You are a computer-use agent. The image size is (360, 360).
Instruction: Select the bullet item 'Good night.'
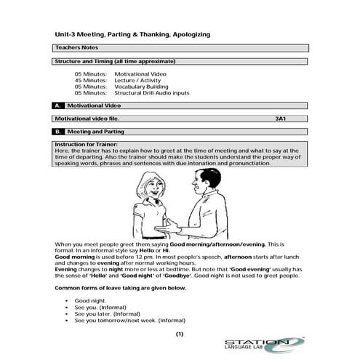(x=90, y=300)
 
